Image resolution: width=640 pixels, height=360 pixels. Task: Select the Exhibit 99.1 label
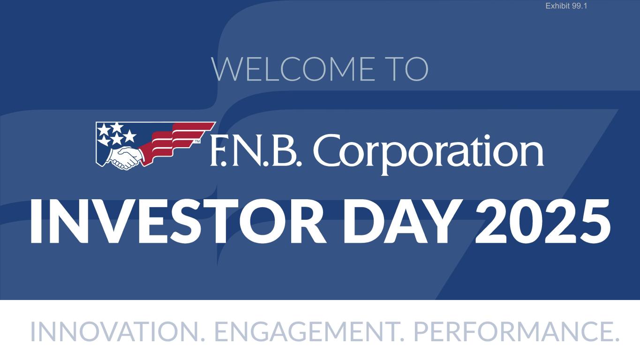566,6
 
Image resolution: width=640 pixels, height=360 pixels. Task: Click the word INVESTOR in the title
178,221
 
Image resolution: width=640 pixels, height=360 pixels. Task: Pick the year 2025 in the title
543,221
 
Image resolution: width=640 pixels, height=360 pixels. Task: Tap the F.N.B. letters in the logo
256,151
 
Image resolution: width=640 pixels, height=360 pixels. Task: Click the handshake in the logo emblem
125,157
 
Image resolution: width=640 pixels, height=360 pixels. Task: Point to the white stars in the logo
116,134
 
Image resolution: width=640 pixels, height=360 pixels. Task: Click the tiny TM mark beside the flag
197,141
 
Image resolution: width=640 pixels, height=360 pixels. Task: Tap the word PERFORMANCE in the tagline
513,331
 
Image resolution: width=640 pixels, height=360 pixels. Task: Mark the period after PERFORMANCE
616,339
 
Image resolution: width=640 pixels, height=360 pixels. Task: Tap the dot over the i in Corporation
493,138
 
